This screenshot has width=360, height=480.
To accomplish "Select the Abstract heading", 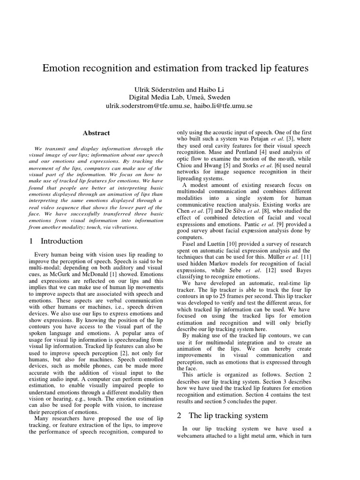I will point(96,133).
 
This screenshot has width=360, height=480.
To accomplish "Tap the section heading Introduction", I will point(62,241).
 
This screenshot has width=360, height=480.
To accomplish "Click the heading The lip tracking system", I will point(228,415).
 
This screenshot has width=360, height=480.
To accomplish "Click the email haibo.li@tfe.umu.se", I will point(223,106).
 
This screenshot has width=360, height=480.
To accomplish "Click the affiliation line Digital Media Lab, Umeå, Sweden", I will point(180,97).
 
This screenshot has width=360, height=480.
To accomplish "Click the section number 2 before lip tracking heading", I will point(179,415).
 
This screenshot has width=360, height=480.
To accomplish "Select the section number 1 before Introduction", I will point(31,241).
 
